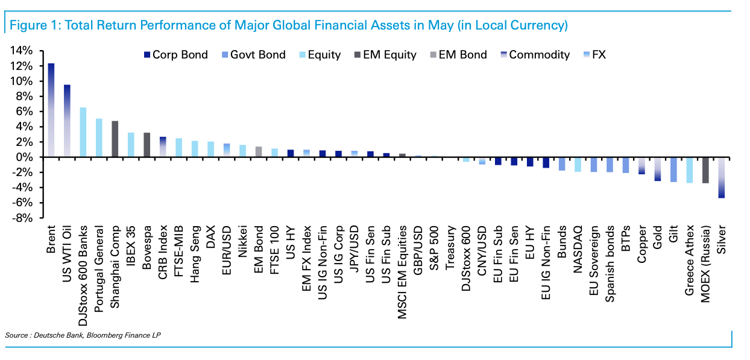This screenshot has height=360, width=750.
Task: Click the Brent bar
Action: point(51,110)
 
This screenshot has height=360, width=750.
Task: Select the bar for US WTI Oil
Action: point(67,121)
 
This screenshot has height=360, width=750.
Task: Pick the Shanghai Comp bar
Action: point(115,139)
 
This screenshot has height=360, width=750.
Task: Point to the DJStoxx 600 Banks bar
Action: point(83,132)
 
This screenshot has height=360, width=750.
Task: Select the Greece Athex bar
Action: point(689,170)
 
